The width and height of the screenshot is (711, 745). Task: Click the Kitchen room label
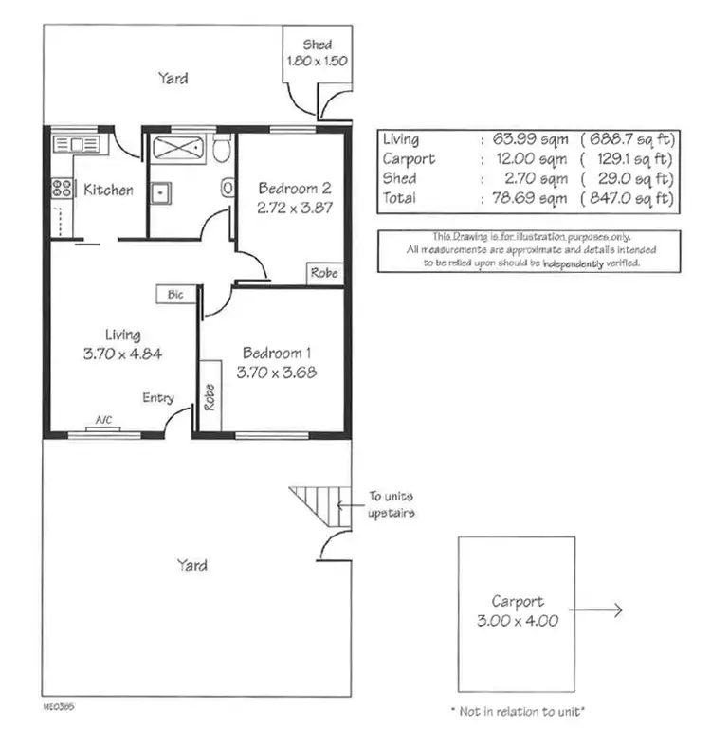pyautogui.click(x=108, y=191)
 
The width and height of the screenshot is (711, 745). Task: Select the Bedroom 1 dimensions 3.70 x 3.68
pyautogui.click(x=278, y=372)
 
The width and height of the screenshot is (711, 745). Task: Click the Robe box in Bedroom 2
pyautogui.click(x=322, y=273)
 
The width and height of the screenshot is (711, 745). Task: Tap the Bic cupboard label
pyautogui.click(x=175, y=295)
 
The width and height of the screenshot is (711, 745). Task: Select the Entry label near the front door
pyautogui.click(x=158, y=398)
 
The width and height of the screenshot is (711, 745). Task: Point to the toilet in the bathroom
pyautogui.click(x=222, y=150)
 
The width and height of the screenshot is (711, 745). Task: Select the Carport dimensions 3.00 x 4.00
pyautogui.click(x=518, y=622)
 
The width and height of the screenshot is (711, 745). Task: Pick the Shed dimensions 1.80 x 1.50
pyautogui.click(x=318, y=61)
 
